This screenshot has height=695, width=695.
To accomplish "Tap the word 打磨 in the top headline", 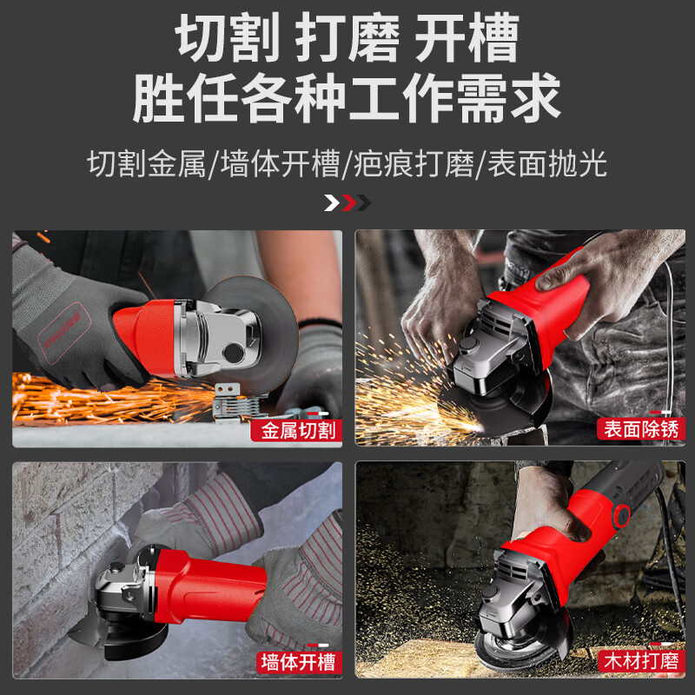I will coord(347,39).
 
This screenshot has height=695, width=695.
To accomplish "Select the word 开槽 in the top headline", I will coord(467,39).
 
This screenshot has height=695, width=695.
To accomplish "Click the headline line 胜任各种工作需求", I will coord(347,98).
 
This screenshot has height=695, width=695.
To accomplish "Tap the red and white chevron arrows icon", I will coord(347,203).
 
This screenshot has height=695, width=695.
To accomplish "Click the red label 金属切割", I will coord(295,429).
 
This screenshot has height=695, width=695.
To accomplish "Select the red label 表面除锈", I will coord(639,429).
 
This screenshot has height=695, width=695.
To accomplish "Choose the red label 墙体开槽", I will coord(295,662).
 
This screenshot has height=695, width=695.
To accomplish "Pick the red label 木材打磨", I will coord(639,662).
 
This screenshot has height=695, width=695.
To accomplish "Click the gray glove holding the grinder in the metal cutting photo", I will coord(69,313).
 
